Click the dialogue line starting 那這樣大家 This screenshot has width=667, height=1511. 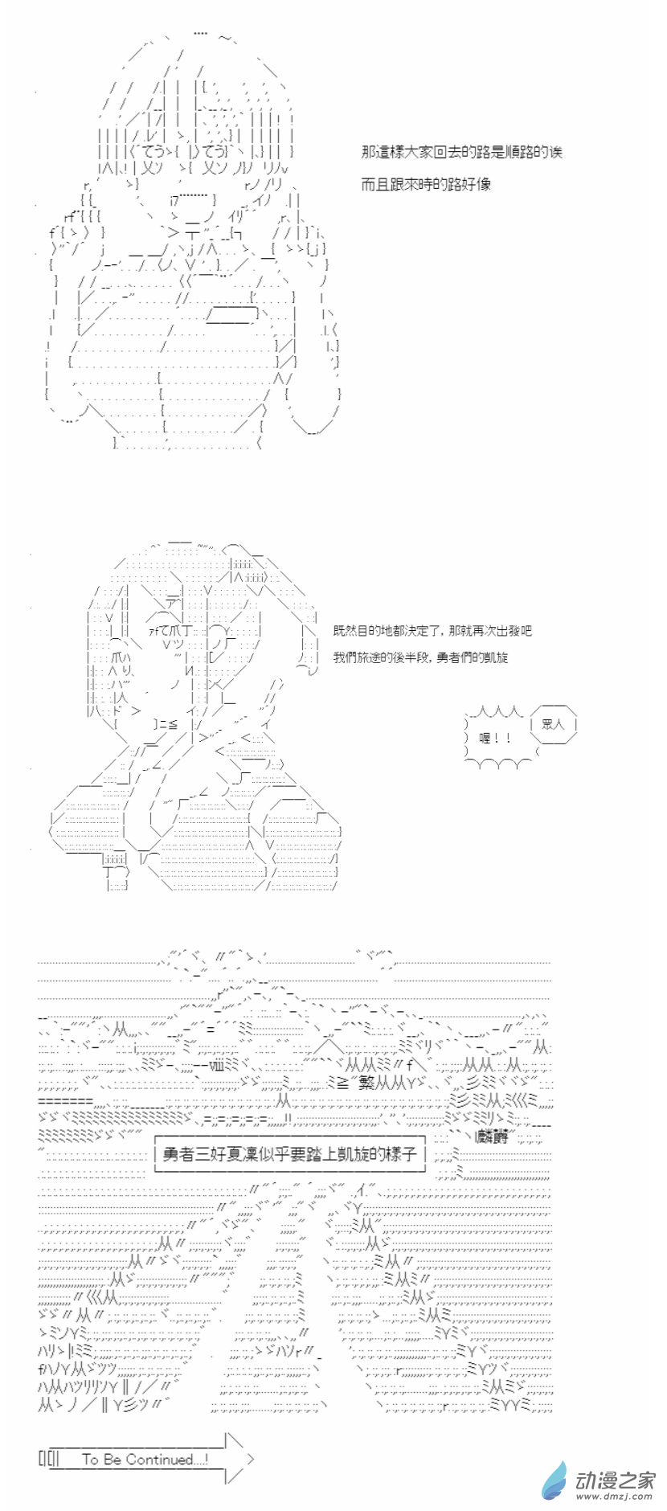pyautogui.click(x=461, y=152)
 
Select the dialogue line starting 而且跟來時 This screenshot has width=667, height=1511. pyautogui.click(x=426, y=184)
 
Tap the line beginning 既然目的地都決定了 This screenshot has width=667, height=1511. pyautogui.click(x=432, y=631)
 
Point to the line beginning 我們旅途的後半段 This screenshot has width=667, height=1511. pyautogui.click(x=420, y=657)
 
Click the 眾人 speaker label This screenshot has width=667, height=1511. pyautogui.click(x=554, y=723)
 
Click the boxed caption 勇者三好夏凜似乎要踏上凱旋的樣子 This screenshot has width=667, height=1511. pyautogui.click(x=289, y=1153)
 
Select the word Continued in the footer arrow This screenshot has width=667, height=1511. pyautogui.click(x=160, y=1459)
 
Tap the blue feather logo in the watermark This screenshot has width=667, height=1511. pyautogui.click(x=555, y=1478)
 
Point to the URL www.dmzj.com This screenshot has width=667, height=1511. pyautogui.click(x=616, y=1497)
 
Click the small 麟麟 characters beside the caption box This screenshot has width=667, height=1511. pyautogui.click(x=491, y=1136)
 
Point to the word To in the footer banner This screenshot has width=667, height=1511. pyautogui.click(x=90, y=1459)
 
